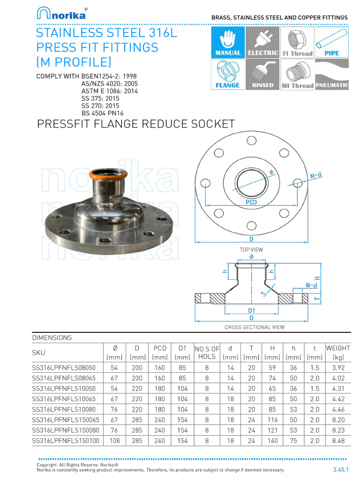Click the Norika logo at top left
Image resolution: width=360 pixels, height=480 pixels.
[x=61, y=14]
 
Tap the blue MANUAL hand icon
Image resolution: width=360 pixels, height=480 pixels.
[x=228, y=42]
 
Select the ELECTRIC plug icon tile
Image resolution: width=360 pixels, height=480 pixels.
[x=262, y=42]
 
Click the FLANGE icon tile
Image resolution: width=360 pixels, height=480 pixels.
[x=228, y=75]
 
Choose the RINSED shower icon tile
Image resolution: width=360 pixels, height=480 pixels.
[x=262, y=75]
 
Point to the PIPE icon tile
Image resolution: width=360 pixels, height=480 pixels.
[x=332, y=42]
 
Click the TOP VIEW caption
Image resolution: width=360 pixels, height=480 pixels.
[x=251, y=249]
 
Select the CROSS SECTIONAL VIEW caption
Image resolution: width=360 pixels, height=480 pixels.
[x=255, y=327]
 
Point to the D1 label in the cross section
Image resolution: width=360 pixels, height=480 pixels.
[x=251, y=310]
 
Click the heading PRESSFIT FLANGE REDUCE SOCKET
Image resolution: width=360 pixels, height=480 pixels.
[x=135, y=124]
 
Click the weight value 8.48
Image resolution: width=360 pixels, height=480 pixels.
[x=338, y=441]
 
